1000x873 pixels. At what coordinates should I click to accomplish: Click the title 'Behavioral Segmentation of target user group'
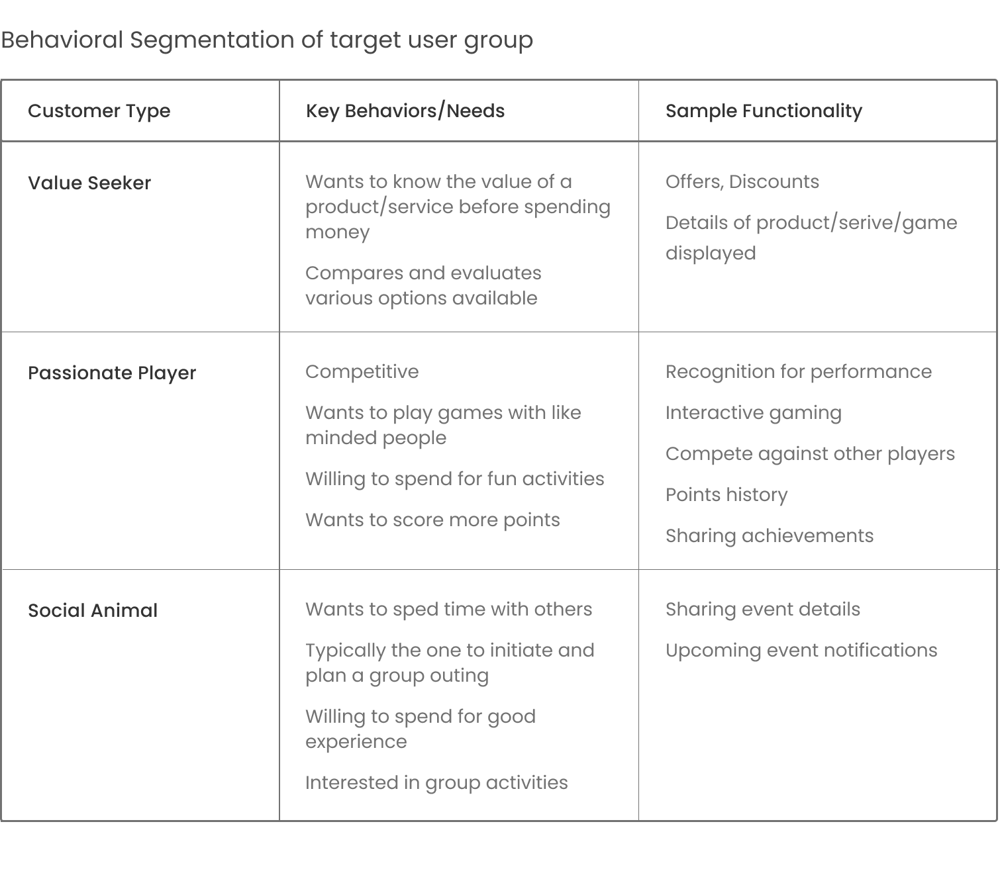click(267, 40)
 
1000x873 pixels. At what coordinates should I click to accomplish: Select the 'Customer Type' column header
click(99, 111)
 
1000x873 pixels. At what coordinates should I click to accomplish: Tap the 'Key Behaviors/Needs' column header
click(405, 111)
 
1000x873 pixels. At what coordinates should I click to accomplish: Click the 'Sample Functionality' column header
click(764, 111)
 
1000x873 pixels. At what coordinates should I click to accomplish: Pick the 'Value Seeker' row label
click(89, 183)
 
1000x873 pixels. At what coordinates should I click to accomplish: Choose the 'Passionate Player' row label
click(112, 373)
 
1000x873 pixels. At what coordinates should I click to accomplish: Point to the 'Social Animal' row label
click(93, 611)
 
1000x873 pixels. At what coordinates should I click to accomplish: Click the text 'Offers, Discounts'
click(742, 182)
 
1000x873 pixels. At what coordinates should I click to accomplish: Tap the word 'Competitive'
click(362, 372)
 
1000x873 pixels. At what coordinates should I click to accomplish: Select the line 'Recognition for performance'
click(799, 372)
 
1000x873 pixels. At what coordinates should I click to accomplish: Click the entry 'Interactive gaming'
click(754, 413)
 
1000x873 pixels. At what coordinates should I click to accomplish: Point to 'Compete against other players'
click(811, 454)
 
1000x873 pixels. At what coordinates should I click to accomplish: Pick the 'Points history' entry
click(726, 495)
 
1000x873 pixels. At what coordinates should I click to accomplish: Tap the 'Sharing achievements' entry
click(770, 536)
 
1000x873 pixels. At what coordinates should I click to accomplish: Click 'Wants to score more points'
click(432, 520)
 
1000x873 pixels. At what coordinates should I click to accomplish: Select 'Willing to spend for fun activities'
click(455, 479)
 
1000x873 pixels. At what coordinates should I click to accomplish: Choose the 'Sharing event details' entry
click(763, 610)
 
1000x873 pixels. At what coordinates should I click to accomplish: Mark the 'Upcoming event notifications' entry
click(801, 651)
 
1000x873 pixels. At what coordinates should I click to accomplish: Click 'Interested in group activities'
click(437, 783)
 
